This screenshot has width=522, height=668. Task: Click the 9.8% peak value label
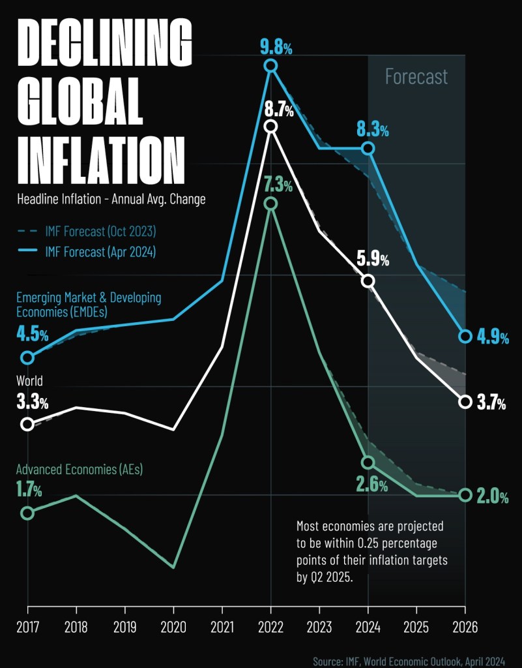pyautogui.click(x=270, y=46)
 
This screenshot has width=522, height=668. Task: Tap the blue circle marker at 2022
pyautogui.click(x=270, y=66)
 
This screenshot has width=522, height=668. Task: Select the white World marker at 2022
pyautogui.click(x=270, y=127)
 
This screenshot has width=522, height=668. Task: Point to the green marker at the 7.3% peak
pyautogui.click(x=270, y=204)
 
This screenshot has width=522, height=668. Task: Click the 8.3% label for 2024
pyautogui.click(x=372, y=130)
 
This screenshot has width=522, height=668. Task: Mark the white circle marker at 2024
pyautogui.click(x=368, y=281)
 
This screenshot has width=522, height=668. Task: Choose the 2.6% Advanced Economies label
pyautogui.click(x=371, y=485)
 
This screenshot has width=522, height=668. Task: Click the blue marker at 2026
pyautogui.click(x=465, y=337)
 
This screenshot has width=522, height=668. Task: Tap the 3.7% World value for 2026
pyautogui.click(x=491, y=403)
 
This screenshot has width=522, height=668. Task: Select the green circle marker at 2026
pyautogui.click(x=465, y=495)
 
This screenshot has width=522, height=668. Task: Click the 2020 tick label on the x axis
pyautogui.click(x=173, y=627)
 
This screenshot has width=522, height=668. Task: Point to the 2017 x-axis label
pyautogui.click(x=27, y=627)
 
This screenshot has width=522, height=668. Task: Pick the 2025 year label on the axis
pyautogui.click(x=416, y=627)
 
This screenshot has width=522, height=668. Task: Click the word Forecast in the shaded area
pyautogui.click(x=416, y=77)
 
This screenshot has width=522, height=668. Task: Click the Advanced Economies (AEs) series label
pyautogui.click(x=80, y=469)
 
